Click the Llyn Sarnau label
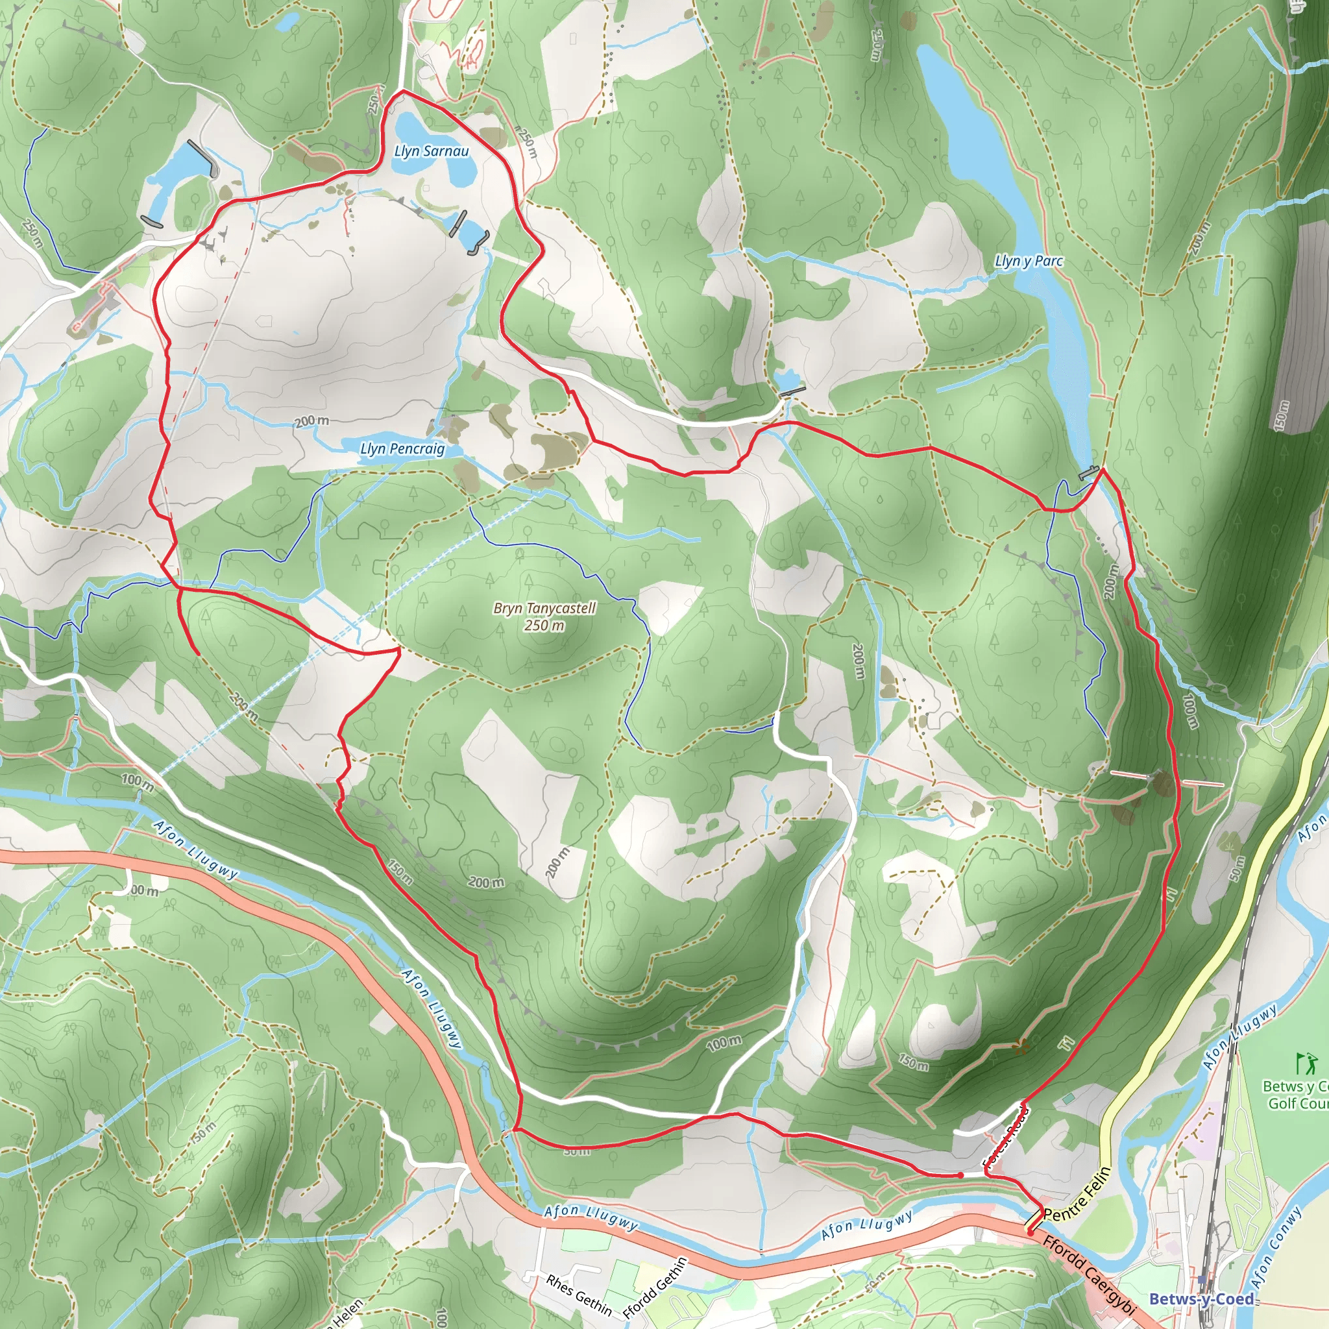(432, 151)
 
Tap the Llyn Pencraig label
(402, 449)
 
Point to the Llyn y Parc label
(1029, 262)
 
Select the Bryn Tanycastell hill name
(544, 608)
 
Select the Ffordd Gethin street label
(655, 1287)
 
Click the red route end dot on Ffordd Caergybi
(1030, 1233)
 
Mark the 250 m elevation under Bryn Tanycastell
(544, 626)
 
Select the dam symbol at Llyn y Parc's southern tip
(1088, 473)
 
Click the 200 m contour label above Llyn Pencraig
(311, 421)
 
